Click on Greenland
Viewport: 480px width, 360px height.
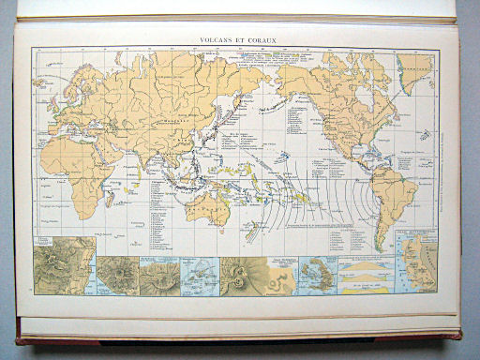click(412, 70)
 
